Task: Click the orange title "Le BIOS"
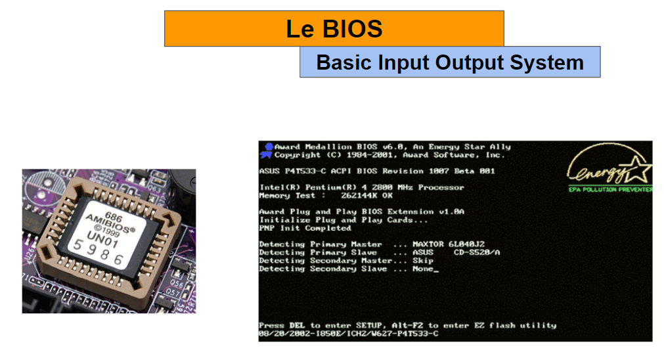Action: click(334, 29)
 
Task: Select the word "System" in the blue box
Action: click(546, 62)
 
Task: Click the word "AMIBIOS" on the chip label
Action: click(110, 223)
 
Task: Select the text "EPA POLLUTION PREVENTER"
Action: click(610, 189)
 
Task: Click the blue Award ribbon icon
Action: click(267, 151)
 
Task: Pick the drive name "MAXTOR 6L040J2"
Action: click(449, 244)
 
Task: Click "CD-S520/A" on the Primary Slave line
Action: click(477, 252)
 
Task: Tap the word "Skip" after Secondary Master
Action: click(422, 260)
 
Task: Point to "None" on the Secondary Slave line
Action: click(422, 269)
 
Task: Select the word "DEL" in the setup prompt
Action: click(297, 325)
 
